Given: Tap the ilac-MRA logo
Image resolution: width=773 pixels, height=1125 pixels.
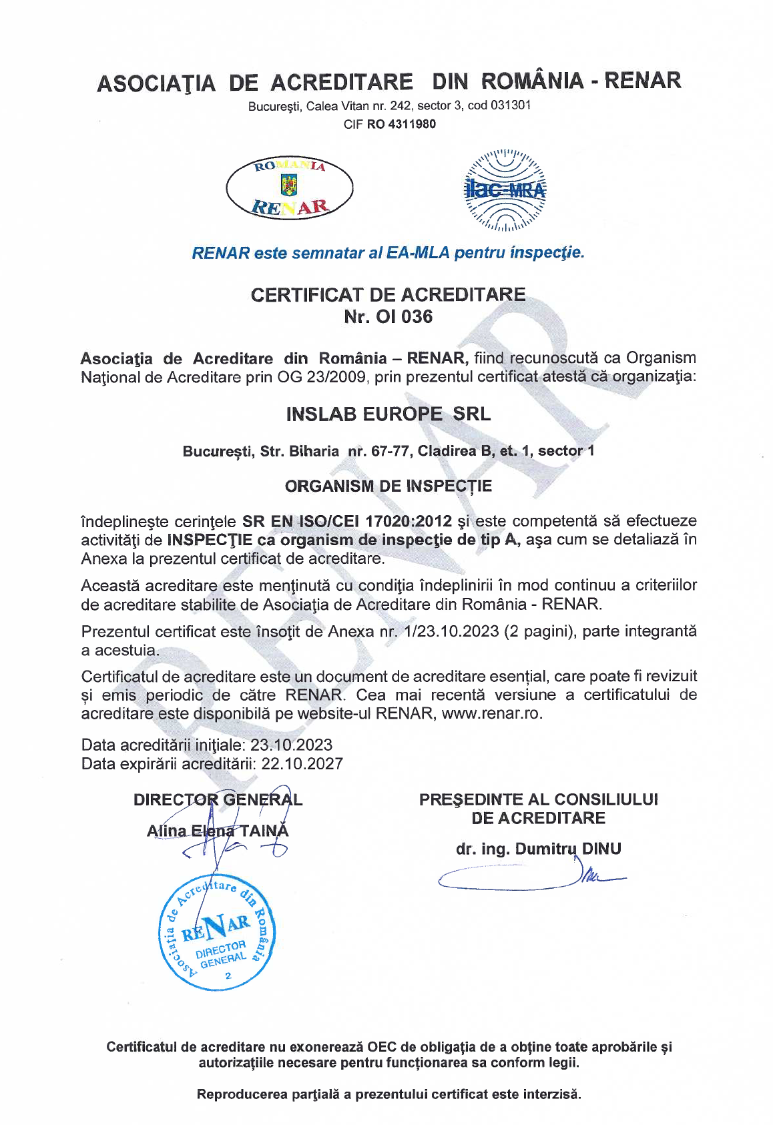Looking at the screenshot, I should pos(505,190).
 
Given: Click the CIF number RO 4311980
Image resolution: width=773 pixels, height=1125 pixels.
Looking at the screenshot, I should pos(401,124).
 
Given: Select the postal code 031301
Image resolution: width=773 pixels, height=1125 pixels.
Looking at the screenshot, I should pos(511,105).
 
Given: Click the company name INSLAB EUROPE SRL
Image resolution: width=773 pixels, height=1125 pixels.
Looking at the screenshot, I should pos(388,414).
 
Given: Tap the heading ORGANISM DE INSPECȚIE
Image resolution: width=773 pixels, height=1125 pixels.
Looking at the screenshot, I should pos(388,486).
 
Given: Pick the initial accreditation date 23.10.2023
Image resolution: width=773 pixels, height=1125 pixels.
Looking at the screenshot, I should pos(291,745).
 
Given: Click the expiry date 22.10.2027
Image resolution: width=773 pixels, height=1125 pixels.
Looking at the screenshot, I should pos(302,763).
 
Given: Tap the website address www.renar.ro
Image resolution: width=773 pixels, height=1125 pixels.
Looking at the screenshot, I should pos(491,713).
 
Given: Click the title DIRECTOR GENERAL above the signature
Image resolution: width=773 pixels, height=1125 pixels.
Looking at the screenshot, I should pos(218,799).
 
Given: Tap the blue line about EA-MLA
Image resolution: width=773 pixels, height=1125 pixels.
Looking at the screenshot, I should pos(388,253).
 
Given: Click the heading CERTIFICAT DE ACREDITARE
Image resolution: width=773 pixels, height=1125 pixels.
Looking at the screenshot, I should pos(388,295).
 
